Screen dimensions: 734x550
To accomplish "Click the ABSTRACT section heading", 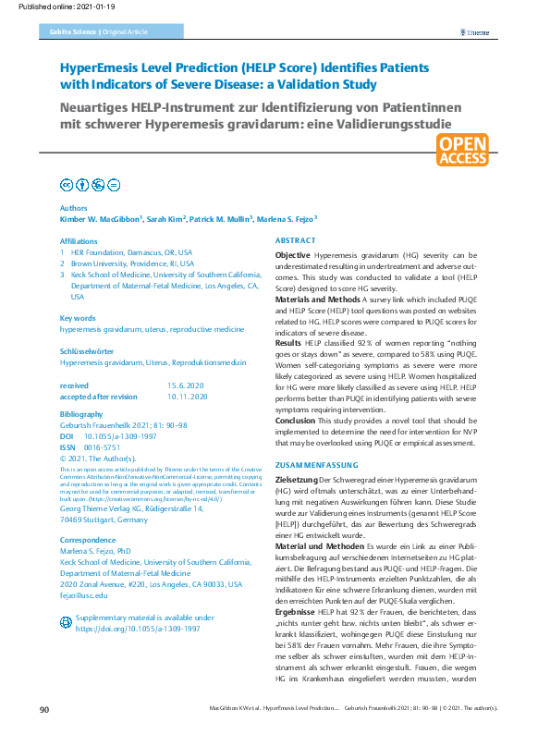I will click(x=296, y=240).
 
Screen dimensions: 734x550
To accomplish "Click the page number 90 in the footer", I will click(x=45, y=709).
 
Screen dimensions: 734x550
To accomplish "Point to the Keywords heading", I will click(x=78, y=318).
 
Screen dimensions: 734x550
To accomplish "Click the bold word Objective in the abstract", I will click(x=293, y=254).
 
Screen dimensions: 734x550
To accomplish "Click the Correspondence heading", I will click(x=87, y=539).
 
